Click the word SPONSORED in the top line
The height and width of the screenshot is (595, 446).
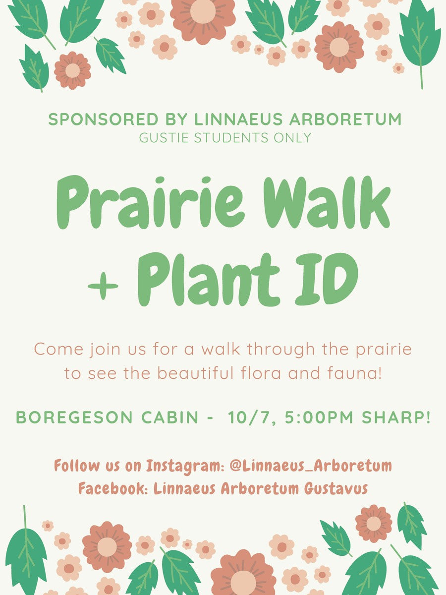(103, 119)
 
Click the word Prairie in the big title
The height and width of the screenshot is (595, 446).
(150, 203)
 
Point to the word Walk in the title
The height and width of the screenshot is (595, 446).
(327, 203)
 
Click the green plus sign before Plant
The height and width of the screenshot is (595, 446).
(103, 286)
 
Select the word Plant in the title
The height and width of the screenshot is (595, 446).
(209, 279)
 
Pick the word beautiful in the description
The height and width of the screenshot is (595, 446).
(195, 373)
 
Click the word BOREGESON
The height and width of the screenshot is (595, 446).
(74, 417)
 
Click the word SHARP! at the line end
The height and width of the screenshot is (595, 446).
(396, 417)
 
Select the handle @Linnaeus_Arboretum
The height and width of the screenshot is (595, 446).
(311, 466)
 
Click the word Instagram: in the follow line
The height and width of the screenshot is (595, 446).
(185, 466)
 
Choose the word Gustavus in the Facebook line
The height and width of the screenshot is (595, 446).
(336, 488)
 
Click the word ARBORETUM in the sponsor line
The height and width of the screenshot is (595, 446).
(345, 119)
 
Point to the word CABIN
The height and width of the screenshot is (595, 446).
(170, 417)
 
